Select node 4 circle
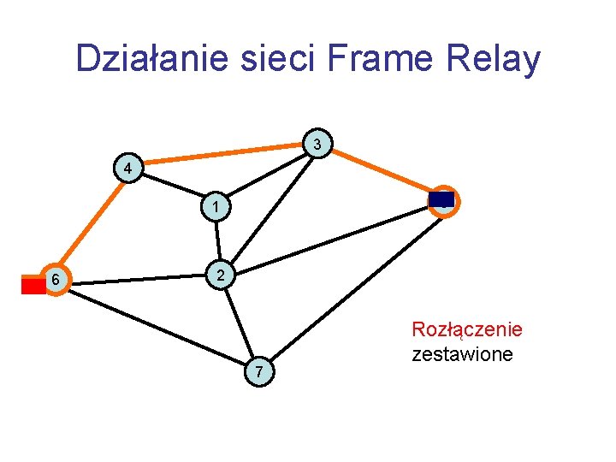pyautogui.click(x=127, y=169)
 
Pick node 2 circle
pyautogui.click(x=221, y=276)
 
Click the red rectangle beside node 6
pyautogui.click(x=33, y=285)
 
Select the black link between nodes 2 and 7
pyautogui.click(x=240, y=323)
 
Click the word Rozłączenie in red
pyautogui.click(x=467, y=329)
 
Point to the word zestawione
pyautogui.click(x=462, y=352)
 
